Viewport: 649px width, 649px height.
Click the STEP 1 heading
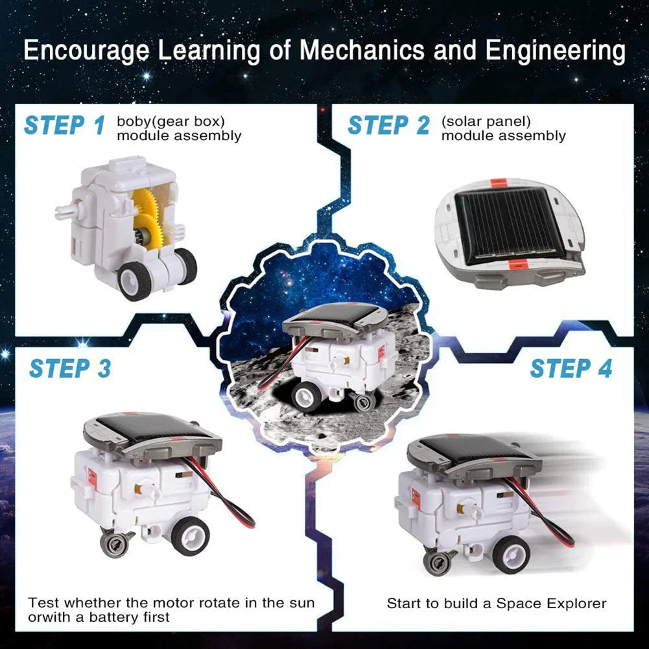pos(64,125)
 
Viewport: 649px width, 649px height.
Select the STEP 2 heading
pos(388,125)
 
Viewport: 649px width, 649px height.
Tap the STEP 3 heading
pos(70,368)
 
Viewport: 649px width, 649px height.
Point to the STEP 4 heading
pos(571,368)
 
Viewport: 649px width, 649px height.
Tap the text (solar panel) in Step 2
pos(486,121)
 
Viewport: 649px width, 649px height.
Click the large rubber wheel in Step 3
pos(190,535)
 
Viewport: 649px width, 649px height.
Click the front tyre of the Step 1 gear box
pos(135,280)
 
